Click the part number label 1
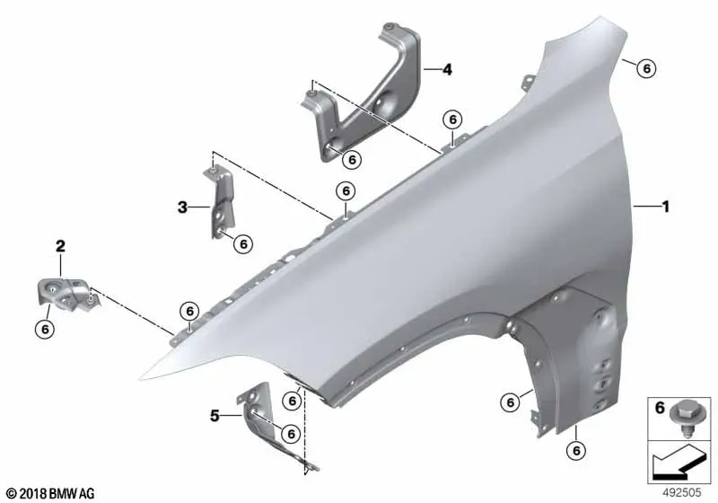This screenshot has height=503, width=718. (666, 207)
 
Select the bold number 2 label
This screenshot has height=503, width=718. (60, 246)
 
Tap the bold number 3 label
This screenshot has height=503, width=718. (182, 207)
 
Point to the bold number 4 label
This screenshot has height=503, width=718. (447, 70)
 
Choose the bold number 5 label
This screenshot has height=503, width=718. (215, 416)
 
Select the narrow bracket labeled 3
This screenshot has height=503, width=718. (220, 201)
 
